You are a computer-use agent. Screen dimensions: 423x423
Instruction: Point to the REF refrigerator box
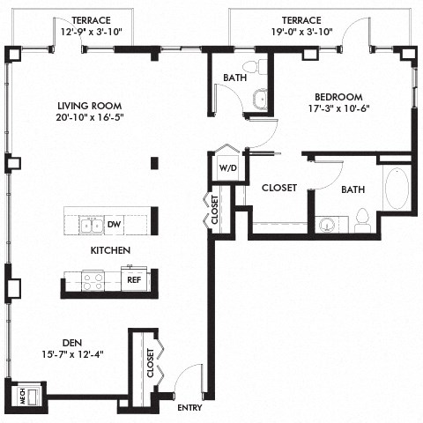134,280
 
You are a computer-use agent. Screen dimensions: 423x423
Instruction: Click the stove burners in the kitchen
93,280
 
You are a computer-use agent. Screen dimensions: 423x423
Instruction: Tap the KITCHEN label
110,251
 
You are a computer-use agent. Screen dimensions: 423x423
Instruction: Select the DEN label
72,343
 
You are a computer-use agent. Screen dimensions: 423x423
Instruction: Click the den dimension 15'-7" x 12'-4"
72,355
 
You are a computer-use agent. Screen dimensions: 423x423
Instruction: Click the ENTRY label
189,408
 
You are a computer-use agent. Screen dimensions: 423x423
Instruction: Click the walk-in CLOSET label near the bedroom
278,188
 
